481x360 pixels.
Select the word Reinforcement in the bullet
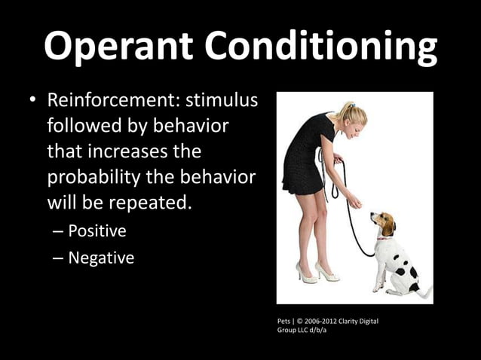[x=109, y=100]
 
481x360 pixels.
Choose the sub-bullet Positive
[x=97, y=230]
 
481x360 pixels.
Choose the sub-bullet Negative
[x=101, y=258]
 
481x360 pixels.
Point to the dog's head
[x=383, y=224]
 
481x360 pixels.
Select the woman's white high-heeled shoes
[x=317, y=273]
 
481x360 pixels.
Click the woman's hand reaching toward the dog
[x=354, y=202]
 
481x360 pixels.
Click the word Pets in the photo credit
[x=286, y=322]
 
